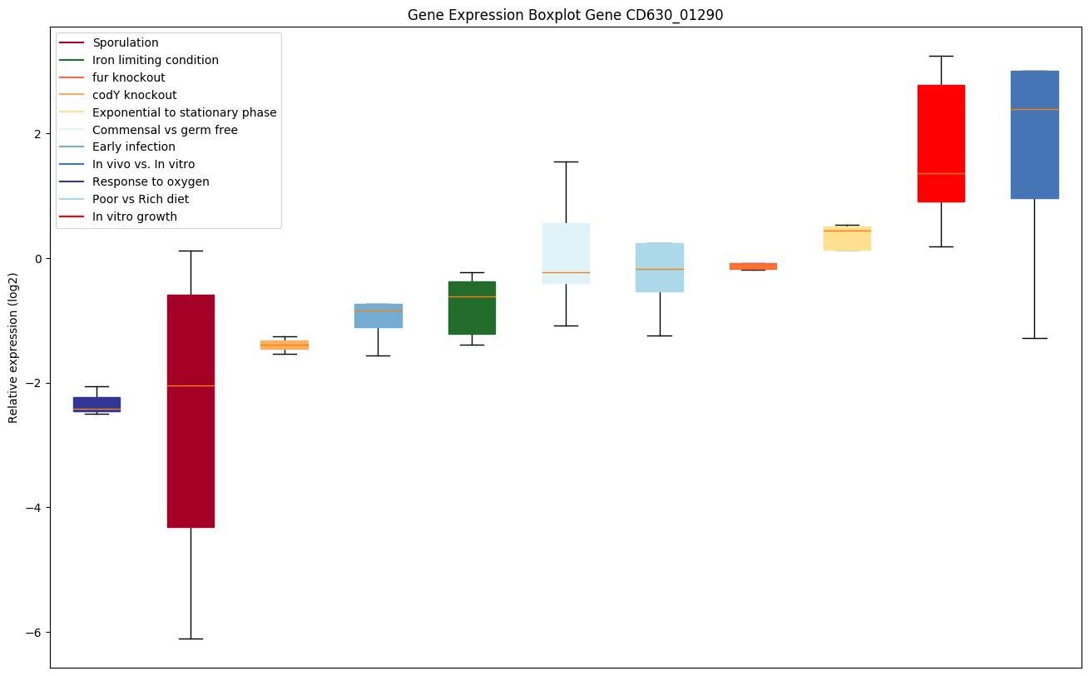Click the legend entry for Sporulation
[x=126, y=42]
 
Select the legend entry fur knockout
[x=129, y=77]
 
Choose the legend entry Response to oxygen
[x=151, y=181]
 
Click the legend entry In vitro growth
[x=135, y=216]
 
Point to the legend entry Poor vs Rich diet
[x=141, y=199]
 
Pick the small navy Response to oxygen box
[x=97, y=403]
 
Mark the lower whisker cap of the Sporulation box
[x=191, y=639]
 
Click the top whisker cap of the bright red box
[x=941, y=56]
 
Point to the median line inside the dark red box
[x=191, y=385]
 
